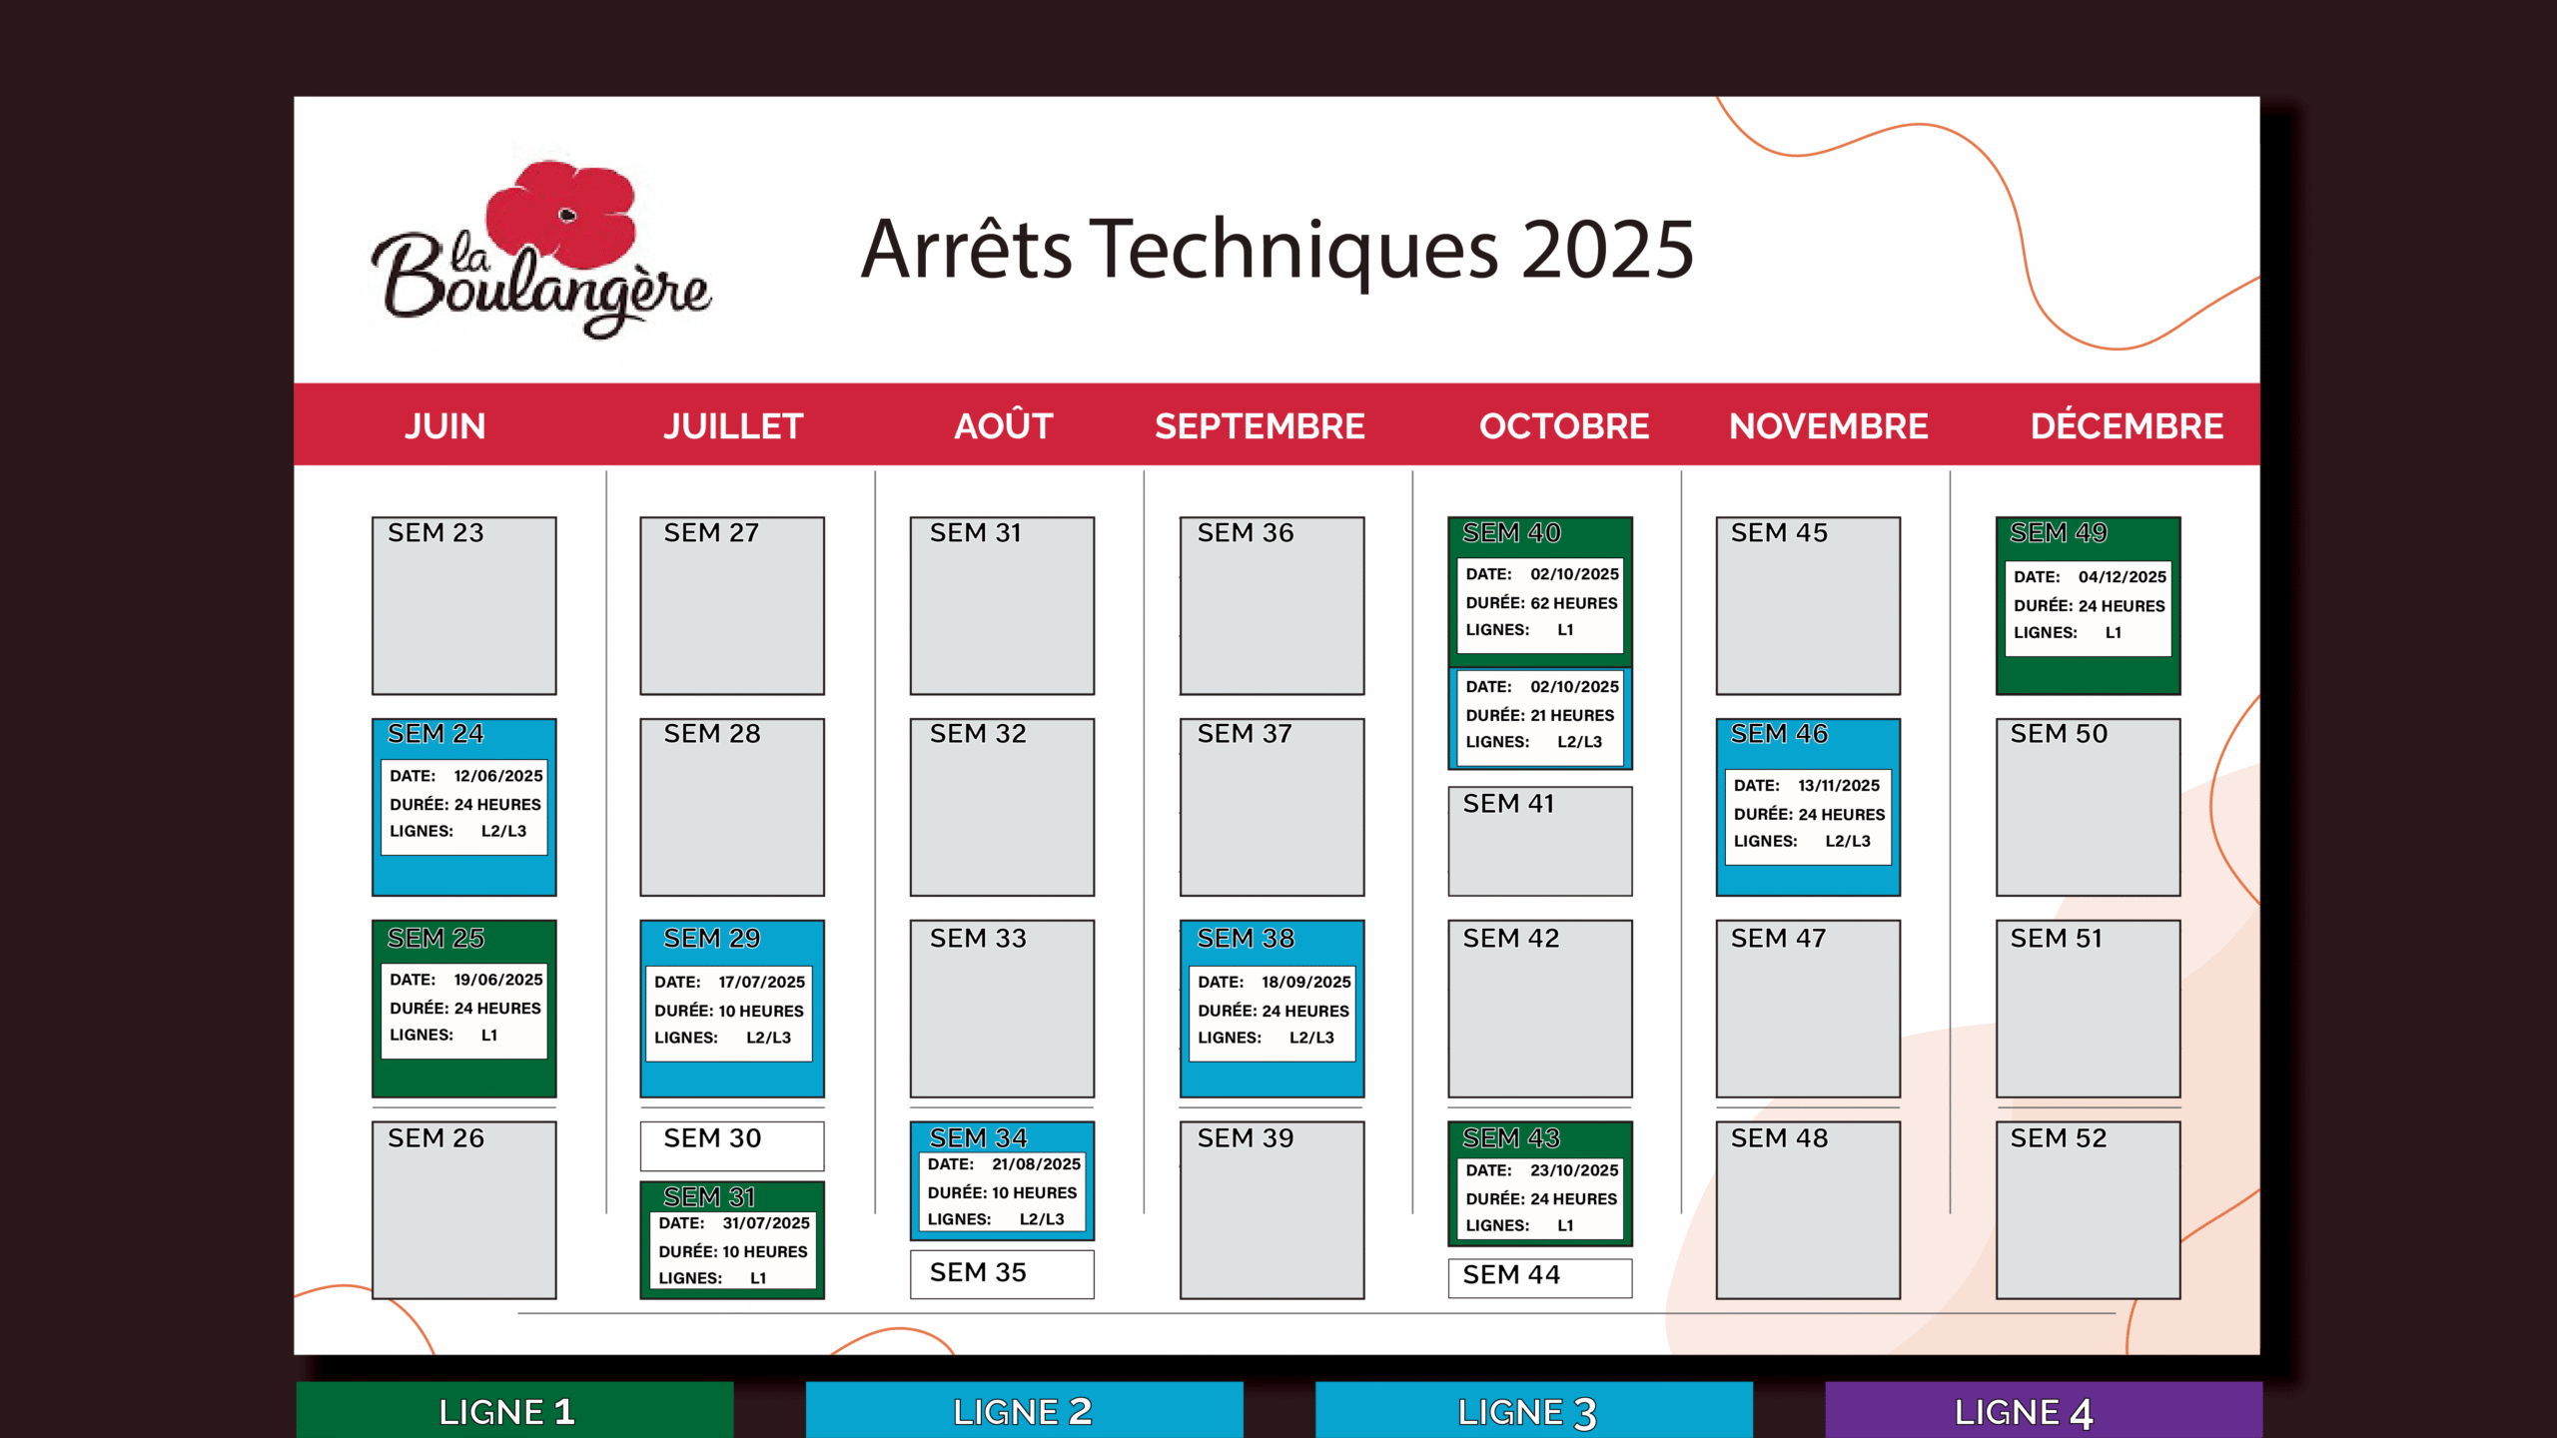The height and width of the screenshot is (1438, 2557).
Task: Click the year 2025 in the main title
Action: [x=1607, y=250]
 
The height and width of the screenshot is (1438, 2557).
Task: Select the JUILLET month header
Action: [x=733, y=426]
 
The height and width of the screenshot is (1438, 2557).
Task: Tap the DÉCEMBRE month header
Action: [x=2127, y=425]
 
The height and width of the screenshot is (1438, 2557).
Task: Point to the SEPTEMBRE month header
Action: [x=1260, y=426]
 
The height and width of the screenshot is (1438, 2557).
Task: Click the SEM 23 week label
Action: [x=435, y=533]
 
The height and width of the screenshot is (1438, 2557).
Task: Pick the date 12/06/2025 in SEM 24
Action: [x=498, y=776]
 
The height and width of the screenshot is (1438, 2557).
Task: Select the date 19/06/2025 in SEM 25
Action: [x=498, y=980]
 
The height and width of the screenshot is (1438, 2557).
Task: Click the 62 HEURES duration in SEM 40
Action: [x=1574, y=603]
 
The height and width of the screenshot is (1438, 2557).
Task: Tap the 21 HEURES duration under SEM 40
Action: [x=1572, y=715]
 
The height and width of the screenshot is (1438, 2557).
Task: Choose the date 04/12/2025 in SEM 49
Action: [x=2123, y=577]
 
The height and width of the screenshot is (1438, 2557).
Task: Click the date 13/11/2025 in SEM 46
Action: [x=1839, y=786]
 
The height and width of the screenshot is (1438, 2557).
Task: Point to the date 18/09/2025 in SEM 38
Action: [x=1306, y=983]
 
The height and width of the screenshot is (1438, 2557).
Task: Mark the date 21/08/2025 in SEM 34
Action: [x=1036, y=1164]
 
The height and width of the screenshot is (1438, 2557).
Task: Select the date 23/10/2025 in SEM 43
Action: [x=1574, y=1170]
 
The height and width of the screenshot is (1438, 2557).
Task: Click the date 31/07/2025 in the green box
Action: [x=766, y=1223]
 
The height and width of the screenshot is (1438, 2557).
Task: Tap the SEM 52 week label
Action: [x=2059, y=1138]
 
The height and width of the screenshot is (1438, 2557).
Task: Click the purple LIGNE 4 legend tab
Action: [x=2044, y=1410]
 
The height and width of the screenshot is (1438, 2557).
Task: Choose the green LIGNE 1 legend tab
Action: [x=514, y=1410]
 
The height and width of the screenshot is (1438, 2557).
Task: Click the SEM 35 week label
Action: [x=978, y=1273]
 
